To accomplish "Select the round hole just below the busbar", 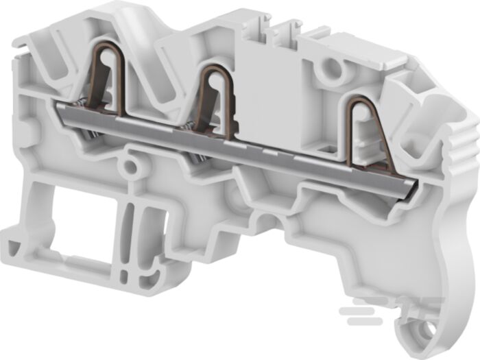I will tap(128, 165).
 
